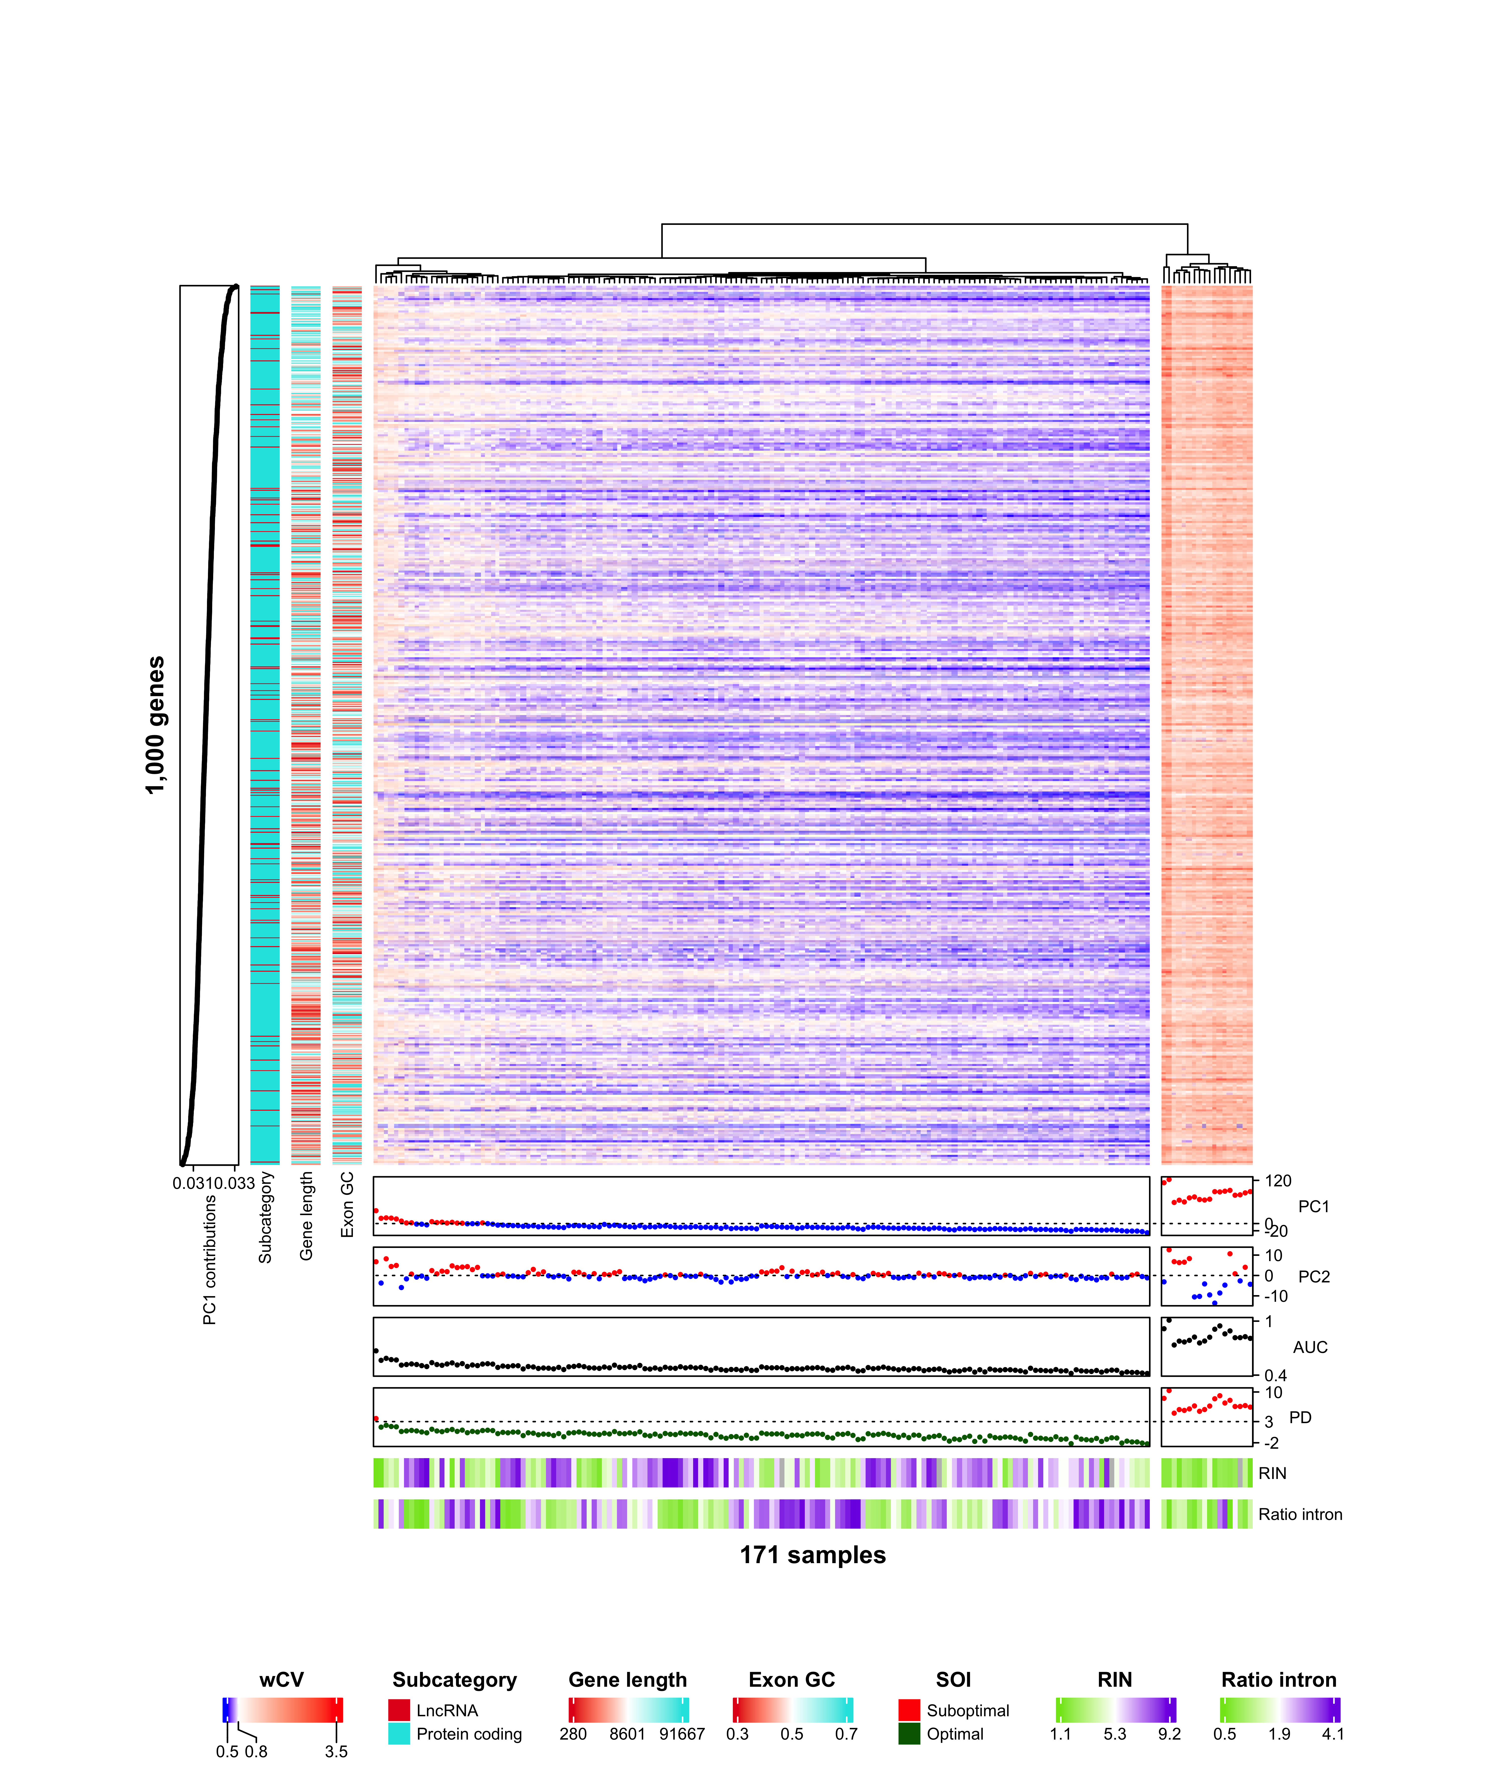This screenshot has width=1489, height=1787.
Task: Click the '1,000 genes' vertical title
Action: (155, 725)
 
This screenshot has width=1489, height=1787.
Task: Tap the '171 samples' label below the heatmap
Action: (812, 1555)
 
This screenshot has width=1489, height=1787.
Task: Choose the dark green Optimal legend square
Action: (909, 1733)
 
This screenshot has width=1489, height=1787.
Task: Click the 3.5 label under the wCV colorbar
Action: (336, 1751)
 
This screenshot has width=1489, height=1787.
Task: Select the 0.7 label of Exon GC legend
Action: (846, 1733)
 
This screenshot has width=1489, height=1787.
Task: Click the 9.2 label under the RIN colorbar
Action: (1169, 1733)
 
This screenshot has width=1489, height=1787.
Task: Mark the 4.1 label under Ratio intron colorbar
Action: (1332, 1733)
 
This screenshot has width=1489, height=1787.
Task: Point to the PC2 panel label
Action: (1314, 1276)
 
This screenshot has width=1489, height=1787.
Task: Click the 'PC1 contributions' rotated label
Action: (209, 1259)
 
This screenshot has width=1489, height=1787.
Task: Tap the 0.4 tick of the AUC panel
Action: (1275, 1375)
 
